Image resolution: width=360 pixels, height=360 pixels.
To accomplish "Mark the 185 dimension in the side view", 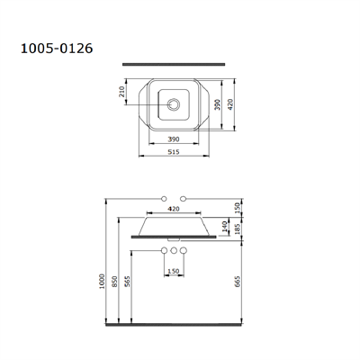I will [236, 230].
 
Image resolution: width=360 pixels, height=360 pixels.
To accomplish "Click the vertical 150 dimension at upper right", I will [236, 207].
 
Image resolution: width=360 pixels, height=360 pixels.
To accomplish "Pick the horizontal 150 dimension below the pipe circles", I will [173, 270].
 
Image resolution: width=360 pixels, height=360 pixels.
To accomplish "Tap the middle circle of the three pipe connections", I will [173, 248].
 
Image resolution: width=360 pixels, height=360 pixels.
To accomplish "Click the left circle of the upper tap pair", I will [164, 196].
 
